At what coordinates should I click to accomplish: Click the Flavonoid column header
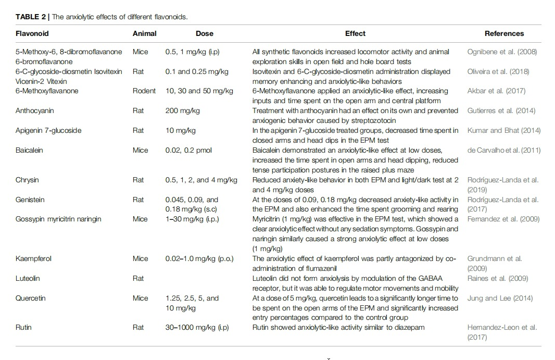(32, 33)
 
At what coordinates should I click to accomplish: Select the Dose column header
(204, 33)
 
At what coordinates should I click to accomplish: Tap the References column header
(504, 33)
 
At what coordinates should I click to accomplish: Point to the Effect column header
(355, 33)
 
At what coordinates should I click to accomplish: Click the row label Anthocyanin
(35, 110)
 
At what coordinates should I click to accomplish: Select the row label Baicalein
(30, 150)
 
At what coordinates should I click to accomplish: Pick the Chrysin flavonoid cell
(27, 180)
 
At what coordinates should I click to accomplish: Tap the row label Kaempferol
(34, 258)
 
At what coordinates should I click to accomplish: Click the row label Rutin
(24, 327)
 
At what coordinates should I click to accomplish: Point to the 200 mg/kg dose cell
(182, 110)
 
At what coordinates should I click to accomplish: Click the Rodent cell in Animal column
(144, 91)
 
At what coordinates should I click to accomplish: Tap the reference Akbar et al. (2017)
(496, 91)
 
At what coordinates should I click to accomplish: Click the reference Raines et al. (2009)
(496, 278)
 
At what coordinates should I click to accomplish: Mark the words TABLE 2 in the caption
(31, 17)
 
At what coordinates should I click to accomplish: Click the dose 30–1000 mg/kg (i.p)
(197, 327)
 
